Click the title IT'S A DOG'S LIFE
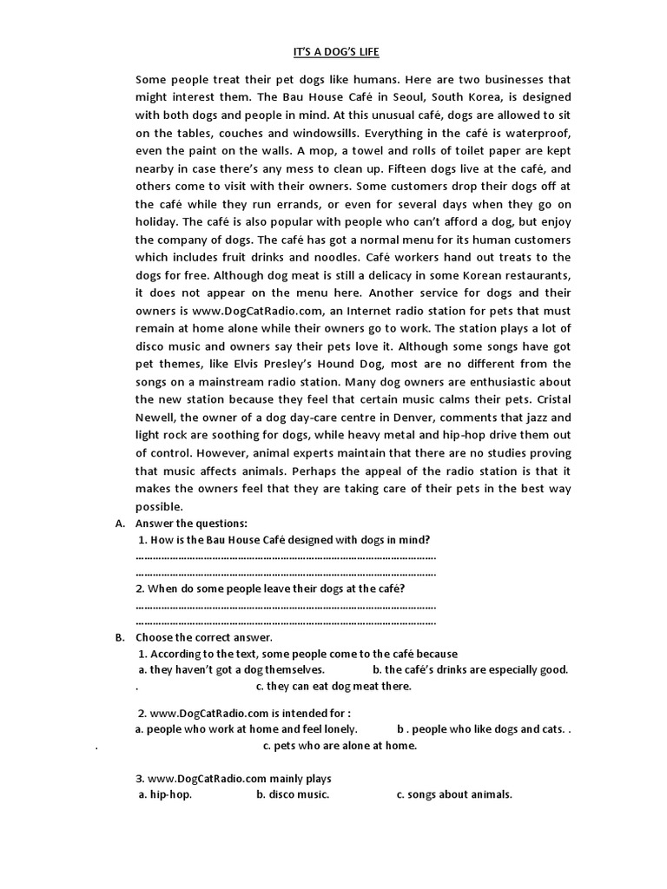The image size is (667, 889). (x=333, y=52)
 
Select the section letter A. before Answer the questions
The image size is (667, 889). (x=120, y=524)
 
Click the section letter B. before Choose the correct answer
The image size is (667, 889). (x=120, y=638)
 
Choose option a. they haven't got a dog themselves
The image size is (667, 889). (x=231, y=669)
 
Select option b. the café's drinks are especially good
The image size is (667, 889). (x=470, y=669)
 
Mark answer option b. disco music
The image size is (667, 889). (x=293, y=794)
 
